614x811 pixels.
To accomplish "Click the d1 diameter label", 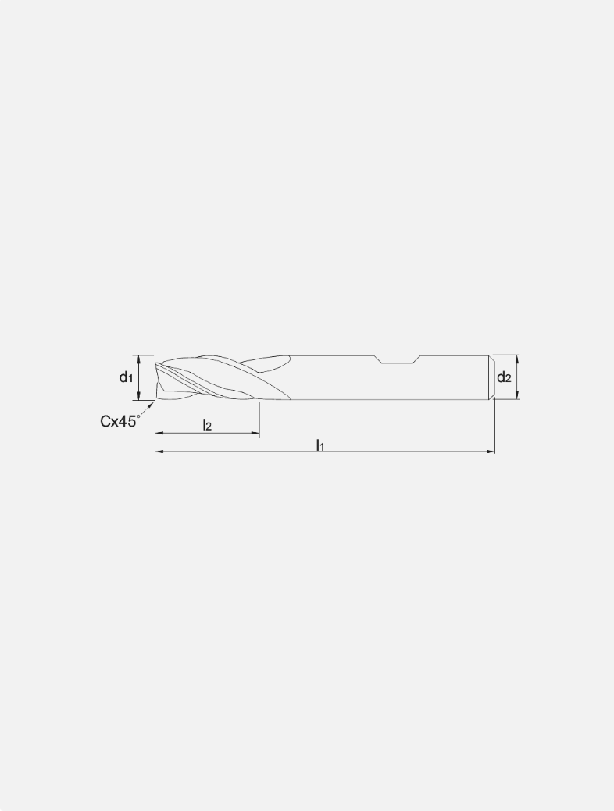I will pos(125,377).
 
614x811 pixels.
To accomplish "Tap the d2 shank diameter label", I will pos(504,378).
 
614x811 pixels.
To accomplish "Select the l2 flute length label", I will pos(207,425).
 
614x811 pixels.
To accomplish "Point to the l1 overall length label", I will pos(320,445).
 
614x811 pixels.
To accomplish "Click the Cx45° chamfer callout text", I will pos(120,422).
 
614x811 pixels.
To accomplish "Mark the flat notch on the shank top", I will pos(398,360).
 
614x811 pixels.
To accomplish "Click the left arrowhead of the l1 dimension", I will pos(159,452).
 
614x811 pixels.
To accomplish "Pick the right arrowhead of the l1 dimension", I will pos(491,452).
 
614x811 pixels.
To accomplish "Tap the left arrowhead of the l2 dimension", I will pos(159,432).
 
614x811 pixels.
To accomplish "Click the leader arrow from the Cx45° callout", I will pos(152,405).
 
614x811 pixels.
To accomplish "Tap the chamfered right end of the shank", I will pos(493,377).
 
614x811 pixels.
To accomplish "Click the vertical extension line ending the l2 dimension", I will pos(259,418).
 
